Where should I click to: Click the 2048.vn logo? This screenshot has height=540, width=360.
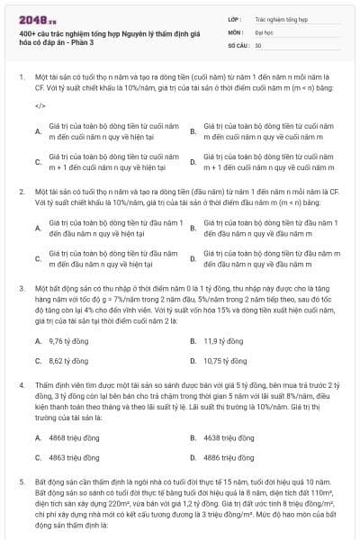coord(35,18)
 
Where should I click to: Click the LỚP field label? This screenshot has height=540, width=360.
coord(235,18)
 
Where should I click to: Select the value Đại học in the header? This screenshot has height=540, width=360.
coord(264,31)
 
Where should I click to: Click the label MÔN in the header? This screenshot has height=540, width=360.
coord(236,31)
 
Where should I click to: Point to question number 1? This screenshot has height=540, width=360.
coord(21,77)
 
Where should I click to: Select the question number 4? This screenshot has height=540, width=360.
coord(21,383)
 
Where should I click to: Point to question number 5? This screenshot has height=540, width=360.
coord(21,481)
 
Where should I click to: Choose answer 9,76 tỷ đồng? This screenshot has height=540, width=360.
coord(66,341)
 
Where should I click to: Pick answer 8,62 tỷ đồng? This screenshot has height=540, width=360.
coord(66,360)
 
